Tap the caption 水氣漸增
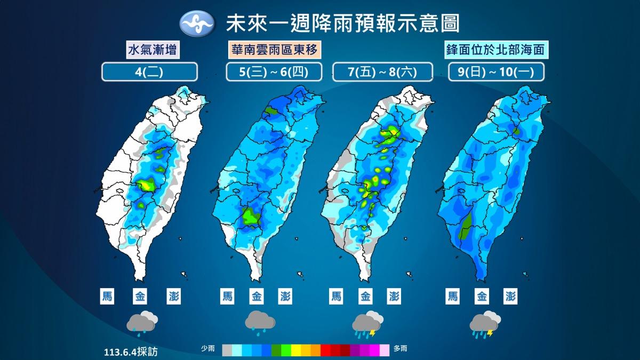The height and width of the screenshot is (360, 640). [151, 50]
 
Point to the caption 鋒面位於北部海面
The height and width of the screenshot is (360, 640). [497, 50]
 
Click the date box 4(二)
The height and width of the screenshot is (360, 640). [150, 72]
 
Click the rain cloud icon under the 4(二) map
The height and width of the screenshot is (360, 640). [142, 323]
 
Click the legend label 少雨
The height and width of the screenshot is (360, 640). [208, 349]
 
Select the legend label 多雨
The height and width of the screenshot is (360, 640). [401, 349]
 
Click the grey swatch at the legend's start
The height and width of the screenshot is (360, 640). [227, 349]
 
